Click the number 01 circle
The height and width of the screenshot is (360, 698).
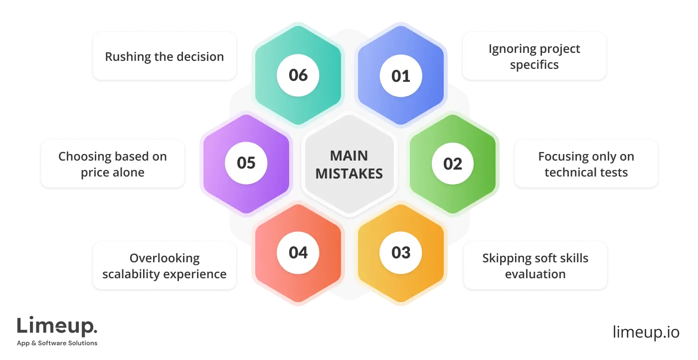tap(401, 76)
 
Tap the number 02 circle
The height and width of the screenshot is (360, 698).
tap(453, 164)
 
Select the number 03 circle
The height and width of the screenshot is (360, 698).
tap(401, 252)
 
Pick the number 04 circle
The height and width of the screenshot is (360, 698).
tap(298, 252)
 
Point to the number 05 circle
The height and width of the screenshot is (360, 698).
tap(246, 163)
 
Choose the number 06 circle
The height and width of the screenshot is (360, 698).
tap(298, 75)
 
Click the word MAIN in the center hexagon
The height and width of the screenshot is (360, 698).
tap(349, 156)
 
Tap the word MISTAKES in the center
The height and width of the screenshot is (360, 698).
tap(349, 174)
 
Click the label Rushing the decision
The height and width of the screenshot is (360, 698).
tap(164, 56)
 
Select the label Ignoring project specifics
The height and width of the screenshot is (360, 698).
tap(534, 57)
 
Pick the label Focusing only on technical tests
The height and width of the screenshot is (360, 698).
tap(586, 164)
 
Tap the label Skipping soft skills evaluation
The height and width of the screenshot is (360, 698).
tap(535, 266)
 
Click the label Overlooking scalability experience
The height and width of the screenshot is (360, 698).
tap(164, 266)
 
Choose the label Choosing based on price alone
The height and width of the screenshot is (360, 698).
tap(112, 164)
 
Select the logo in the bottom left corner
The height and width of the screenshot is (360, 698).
tap(58, 331)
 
